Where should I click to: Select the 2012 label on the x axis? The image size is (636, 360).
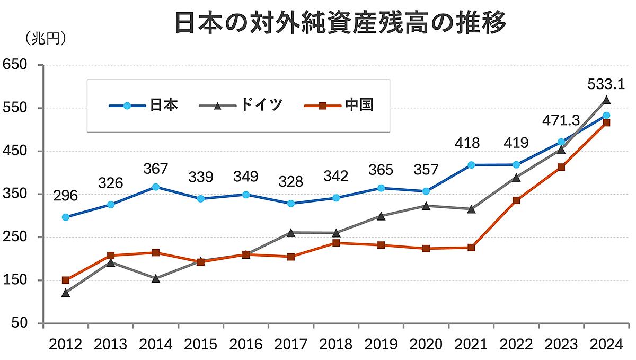click(x=66, y=345)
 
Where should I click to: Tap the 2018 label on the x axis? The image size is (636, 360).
click(x=336, y=345)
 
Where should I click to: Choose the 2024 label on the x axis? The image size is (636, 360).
click(x=606, y=345)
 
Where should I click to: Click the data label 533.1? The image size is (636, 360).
click(x=606, y=84)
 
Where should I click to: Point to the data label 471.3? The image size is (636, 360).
click(x=560, y=120)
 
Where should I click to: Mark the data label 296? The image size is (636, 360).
click(x=66, y=196)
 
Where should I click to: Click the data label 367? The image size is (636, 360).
click(x=156, y=169)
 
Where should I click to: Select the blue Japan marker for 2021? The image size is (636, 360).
click(x=471, y=165)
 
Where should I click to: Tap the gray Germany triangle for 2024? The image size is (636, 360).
click(x=606, y=100)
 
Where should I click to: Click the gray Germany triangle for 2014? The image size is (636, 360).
click(x=156, y=278)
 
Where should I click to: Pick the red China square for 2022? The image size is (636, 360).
click(x=516, y=200)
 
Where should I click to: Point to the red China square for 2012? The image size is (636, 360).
click(x=66, y=280)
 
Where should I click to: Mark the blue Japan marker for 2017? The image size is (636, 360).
click(x=291, y=204)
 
